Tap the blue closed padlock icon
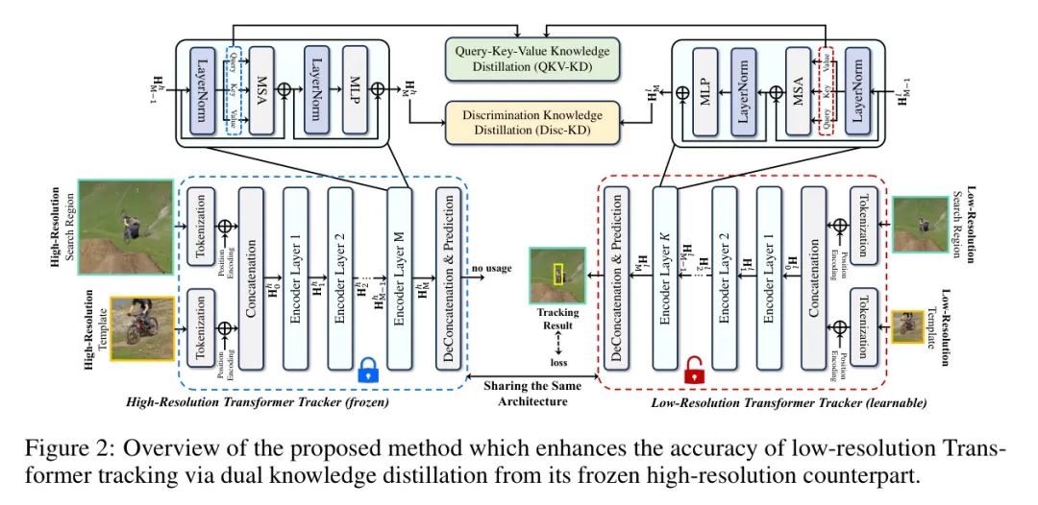tap(368, 370)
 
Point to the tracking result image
tap(556, 274)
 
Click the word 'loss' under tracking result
tap(556, 363)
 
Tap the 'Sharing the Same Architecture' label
tap(531, 392)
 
